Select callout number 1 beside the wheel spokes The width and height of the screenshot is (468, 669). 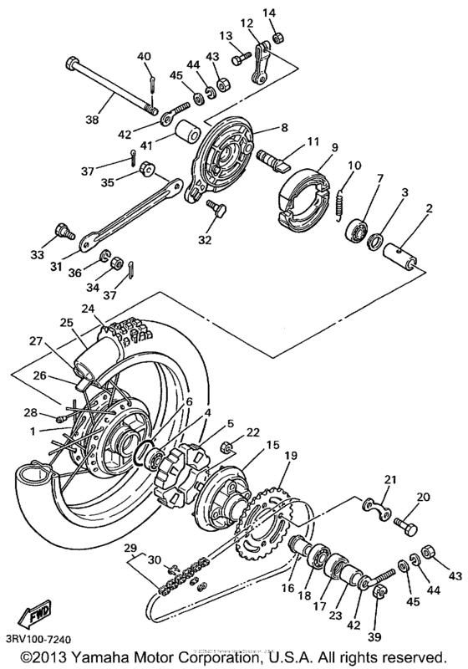[x=32, y=432]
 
